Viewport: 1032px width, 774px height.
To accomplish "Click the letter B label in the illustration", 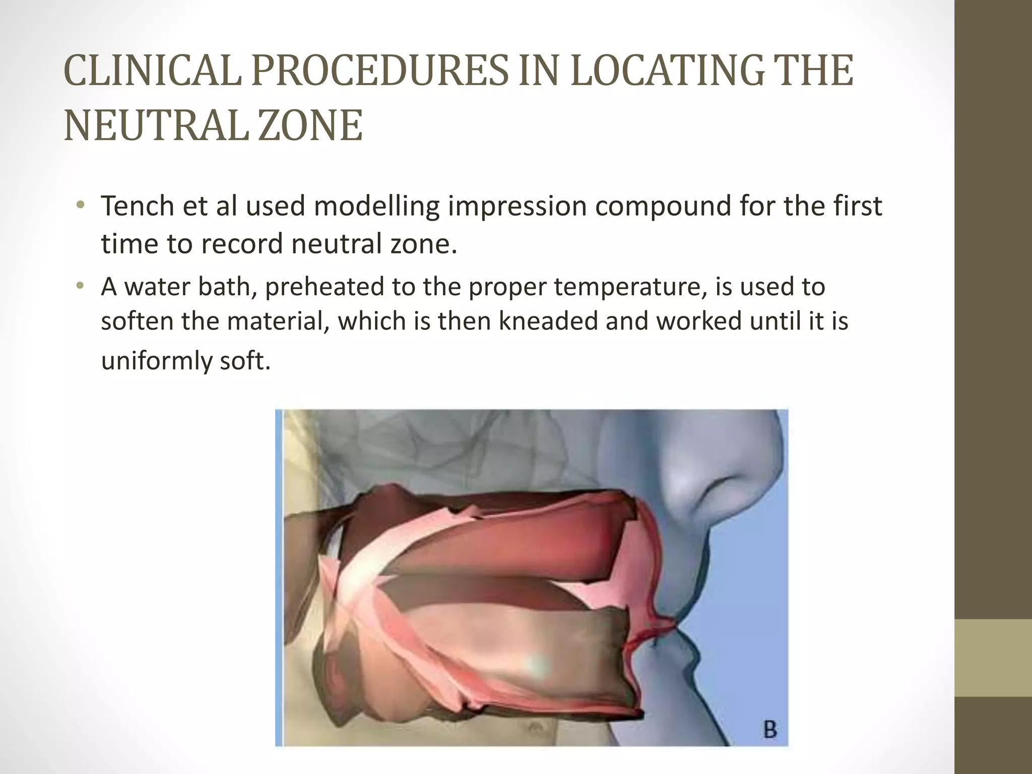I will click(x=769, y=730).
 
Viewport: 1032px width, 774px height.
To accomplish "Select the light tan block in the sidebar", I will click(x=993, y=658).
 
